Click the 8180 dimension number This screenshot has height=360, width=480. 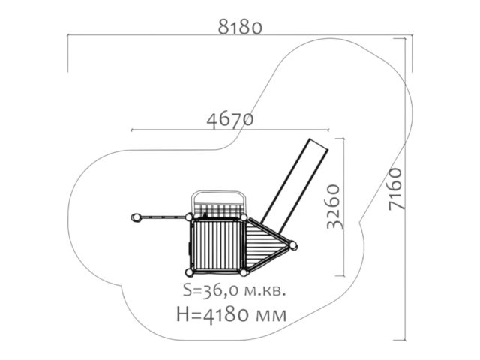[240, 27]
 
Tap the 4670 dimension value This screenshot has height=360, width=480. [230, 119]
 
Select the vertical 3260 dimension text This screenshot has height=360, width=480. [333, 207]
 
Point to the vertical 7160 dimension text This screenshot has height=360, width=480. [395, 189]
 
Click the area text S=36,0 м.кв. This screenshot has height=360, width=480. [235, 290]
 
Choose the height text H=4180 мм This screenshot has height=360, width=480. [232, 314]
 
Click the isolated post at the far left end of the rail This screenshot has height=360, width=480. [136, 217]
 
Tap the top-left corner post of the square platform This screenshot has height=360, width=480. [189, 217]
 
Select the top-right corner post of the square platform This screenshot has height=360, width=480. [244, 217]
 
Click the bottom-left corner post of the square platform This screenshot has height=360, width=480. [189, 272]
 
